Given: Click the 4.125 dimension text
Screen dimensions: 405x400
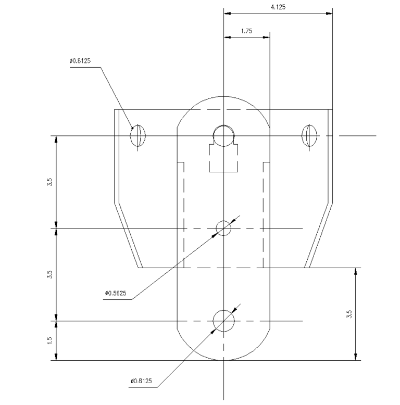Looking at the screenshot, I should point(278,7).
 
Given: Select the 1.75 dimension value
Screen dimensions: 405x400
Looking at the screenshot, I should point(246,31).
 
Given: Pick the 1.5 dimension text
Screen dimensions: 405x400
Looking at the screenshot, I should point(49,340).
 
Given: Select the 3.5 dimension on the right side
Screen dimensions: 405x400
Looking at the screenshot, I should point(349,314).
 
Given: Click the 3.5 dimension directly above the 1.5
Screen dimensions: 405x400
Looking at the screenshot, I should point(49,274).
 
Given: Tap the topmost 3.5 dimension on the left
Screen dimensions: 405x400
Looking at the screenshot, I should point(49,182).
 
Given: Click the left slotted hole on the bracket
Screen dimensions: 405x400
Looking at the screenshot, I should point(137,136).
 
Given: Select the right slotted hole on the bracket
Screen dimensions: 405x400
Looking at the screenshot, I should point(309,136).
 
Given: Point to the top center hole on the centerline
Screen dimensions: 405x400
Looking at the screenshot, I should point(223,136).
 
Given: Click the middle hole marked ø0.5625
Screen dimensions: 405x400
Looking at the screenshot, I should point(223,228).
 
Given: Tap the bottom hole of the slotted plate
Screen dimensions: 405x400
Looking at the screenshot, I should point(223,321).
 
